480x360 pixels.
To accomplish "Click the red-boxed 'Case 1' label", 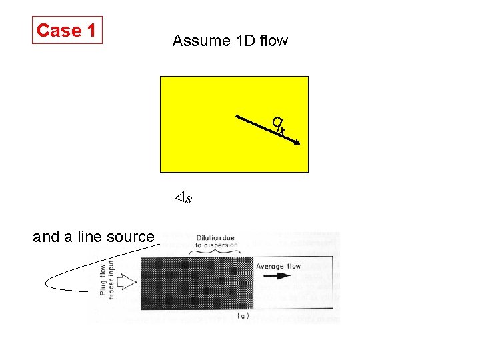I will tap(67, 30).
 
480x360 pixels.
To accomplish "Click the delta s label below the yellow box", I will tap(183, 197).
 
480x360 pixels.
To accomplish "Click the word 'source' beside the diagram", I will tap(132, 236).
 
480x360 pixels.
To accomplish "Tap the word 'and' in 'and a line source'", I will tap(45, 236).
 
